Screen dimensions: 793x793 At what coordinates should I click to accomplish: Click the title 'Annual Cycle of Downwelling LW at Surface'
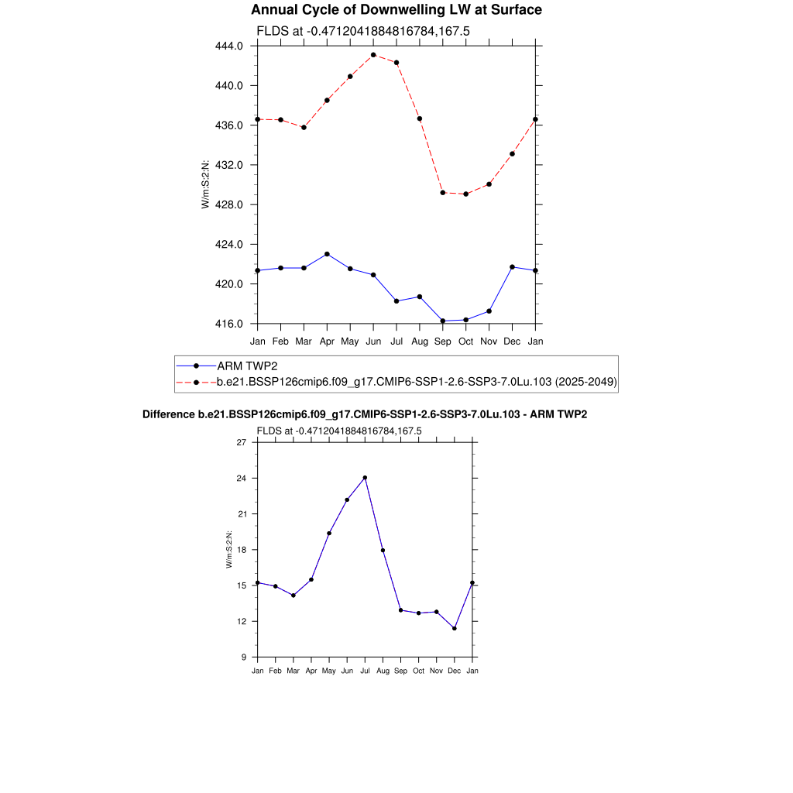pyautogui.click(x=396, y=10)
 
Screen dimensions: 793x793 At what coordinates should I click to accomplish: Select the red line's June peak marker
pyautogui.click(x=373, y=55)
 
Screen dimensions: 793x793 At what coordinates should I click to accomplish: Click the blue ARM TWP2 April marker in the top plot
pyautogui.click(x=327, y=254)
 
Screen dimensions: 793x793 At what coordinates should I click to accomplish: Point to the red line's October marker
pyautogui.click(x=465, y=194)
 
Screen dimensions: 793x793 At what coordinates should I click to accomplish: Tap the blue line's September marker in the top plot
pyautogui.click(x=442, y=321)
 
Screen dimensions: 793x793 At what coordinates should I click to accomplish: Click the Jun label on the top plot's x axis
pyautogui.click(x=373, y=341)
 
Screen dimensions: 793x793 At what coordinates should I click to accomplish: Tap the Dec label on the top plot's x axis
pyautogui.click(x=512, y=341)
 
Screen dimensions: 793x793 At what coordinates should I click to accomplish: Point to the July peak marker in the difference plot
pyautogui.click(x=365, y=478)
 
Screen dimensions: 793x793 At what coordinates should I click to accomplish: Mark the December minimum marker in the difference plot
pyautogui.click(x=455, y=628)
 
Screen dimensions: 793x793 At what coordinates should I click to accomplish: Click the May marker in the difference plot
pyautogui.click(x=329, y=533)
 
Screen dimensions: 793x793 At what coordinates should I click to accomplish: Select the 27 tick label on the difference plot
pyautogui.click(x=241, y=443)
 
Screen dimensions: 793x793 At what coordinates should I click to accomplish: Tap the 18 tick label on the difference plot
pyautogui.click(x=241, y=550)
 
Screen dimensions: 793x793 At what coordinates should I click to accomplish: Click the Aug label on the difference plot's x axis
pyautogui.click(x=383, y=671)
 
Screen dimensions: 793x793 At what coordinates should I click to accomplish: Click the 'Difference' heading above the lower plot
pyautogui.click(x=365, y=415)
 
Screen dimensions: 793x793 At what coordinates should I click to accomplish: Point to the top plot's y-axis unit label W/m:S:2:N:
pyautogui.click(x=205, y=184)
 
